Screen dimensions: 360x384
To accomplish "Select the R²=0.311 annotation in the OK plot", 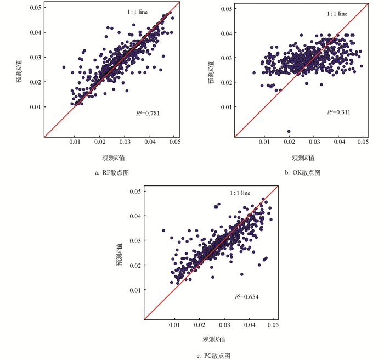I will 339,113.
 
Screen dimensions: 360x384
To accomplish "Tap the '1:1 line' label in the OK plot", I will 336,14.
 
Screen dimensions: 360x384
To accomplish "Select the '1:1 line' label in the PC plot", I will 240,194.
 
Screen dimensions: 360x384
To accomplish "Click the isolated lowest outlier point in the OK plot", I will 289,131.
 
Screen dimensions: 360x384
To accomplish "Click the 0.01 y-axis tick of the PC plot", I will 134,290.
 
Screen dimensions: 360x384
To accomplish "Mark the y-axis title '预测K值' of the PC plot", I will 119,256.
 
